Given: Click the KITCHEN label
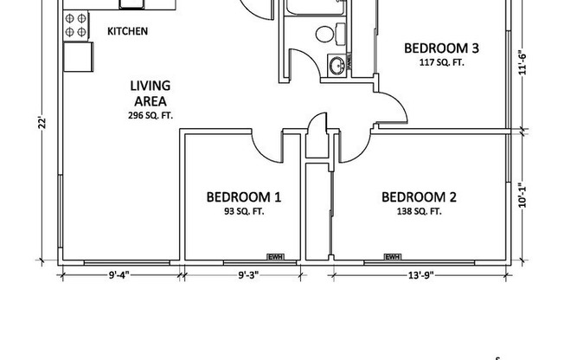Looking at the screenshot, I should (127, 31).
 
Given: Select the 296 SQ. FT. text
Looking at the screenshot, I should (150, 114).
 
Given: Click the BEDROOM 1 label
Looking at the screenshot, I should (243, 196).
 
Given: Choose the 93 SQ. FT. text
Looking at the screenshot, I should (243, 211).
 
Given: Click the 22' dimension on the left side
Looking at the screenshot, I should (41, 123).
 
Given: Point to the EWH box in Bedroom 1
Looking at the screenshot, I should (275, 256).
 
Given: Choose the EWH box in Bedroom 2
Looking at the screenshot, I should (392, 256).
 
